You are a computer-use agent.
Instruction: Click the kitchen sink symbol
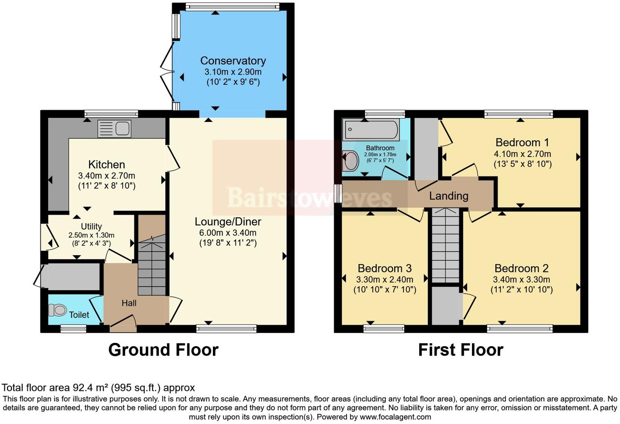(x=115, y=129)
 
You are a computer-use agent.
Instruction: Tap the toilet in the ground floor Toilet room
(x=58, y=310)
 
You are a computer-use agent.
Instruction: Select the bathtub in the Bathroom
(x=370, y=130)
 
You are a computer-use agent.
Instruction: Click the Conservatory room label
(x=233, y=61)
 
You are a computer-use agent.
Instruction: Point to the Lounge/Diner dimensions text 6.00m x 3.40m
(x=228, y=233)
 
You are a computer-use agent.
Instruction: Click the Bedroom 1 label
(x=522, y=142)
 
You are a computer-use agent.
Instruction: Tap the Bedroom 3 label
(x=384, y=268)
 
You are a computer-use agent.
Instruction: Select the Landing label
(x=448, y=196)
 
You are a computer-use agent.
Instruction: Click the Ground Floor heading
(x=163, y=350)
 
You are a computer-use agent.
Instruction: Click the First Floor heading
(x=461, y=350)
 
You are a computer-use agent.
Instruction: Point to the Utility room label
(x=91, y=226)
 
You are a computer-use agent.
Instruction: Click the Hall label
(x=129, y=303)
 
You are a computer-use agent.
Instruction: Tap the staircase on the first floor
(x=445, y=245)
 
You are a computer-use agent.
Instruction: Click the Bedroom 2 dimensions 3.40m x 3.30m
(x=521, y=280)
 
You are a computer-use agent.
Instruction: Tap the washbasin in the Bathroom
(x=350, y=161)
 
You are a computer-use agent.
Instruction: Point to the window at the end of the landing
(x=337, y=194)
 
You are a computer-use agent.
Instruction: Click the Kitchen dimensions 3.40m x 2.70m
(x=106, y=176)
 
